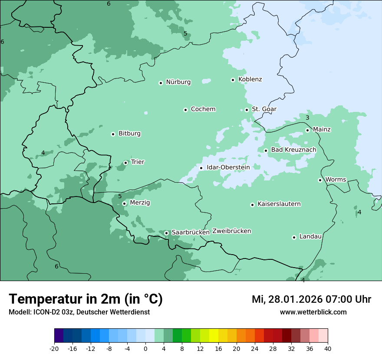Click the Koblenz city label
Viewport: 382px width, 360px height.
[250, 79]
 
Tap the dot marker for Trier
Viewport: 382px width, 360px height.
[125, 163]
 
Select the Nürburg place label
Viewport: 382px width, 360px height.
[178, 82]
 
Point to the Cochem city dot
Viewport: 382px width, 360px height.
[185, 110]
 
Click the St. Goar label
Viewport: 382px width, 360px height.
[264, 109]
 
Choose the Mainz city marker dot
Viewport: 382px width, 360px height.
[307, 130]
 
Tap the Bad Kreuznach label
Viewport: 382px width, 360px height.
[293, 150]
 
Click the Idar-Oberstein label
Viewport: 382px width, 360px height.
[228, 167]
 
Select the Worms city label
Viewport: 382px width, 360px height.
[336, 180]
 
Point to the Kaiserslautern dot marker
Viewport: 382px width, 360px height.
[252, 205]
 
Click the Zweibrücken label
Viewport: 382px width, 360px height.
[231, 231]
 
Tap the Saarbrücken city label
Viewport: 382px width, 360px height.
[191, 232]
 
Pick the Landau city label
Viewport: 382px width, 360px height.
[310, 237]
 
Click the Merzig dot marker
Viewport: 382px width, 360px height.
[124, 203]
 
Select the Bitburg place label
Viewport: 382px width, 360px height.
[129, 134]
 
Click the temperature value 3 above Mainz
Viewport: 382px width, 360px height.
[307, 118]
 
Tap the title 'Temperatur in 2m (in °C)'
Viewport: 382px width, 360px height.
[86, 299]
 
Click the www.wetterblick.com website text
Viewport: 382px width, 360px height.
[313, 312]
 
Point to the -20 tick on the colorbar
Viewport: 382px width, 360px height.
[54, 348]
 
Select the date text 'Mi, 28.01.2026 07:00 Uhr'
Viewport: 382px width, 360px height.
[311, 299]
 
